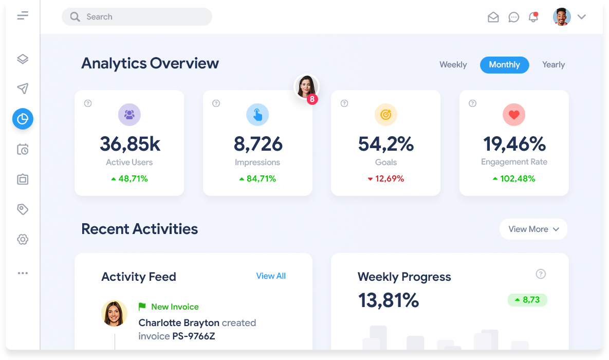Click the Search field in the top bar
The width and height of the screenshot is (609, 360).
[137, 17]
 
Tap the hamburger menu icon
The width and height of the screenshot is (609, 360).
[23, 16]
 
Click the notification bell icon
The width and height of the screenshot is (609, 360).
[533, 17]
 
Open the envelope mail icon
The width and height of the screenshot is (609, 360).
[493, 17]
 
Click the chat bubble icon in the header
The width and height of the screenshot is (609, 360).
[513, 17]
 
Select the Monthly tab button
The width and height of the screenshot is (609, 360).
[504, 65]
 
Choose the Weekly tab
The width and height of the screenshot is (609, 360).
[453, 65]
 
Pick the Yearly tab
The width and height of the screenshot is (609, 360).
[553, 65]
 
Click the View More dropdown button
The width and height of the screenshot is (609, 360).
[533, 229]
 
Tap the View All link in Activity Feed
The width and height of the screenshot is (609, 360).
[271, 276]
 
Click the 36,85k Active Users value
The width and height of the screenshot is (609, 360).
[130, 144]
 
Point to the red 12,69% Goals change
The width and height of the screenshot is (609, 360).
[386, 179]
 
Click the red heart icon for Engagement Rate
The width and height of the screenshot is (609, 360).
[514, 115]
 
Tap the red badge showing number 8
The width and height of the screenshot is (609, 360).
[312, 100]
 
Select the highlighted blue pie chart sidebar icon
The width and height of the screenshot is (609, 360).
[23, 119]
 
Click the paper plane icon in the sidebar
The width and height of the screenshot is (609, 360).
[23, 89]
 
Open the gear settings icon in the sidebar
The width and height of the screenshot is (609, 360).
[23, 240]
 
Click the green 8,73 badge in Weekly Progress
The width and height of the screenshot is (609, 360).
[527, 300]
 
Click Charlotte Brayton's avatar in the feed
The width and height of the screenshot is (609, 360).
[114, 313]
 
